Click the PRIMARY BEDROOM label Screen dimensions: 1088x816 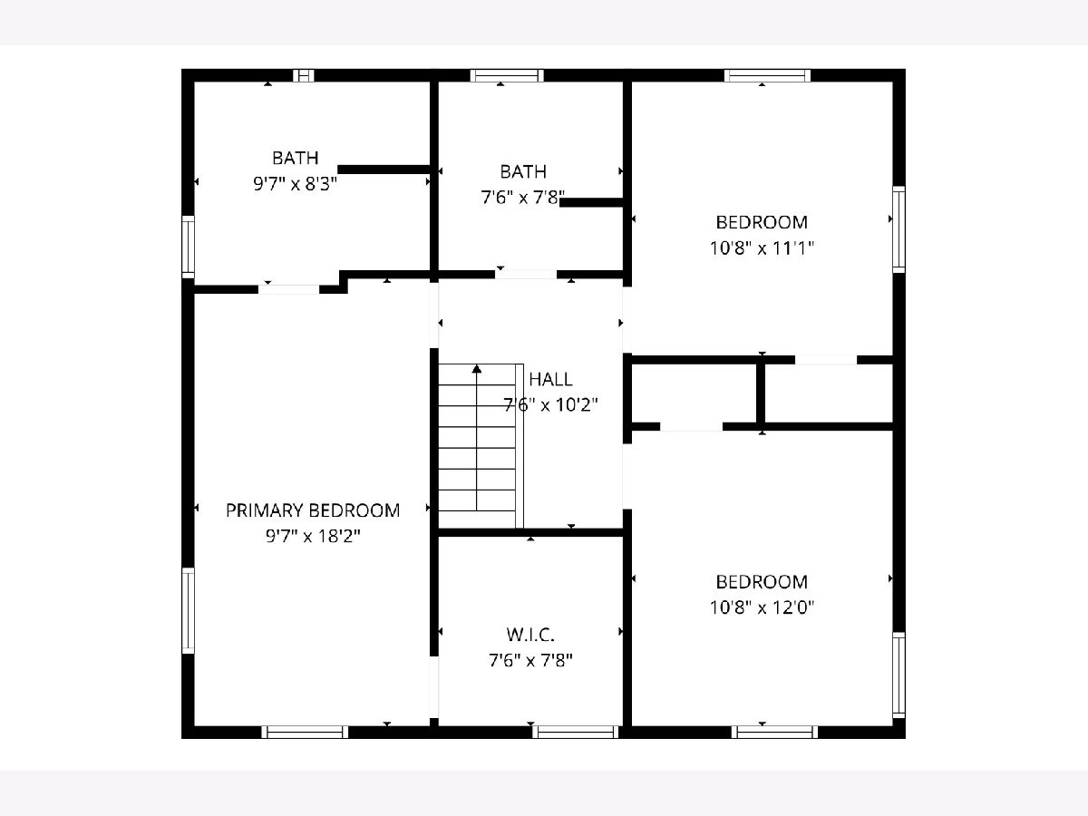[x=313, y=510]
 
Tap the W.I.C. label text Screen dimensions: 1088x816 [x=530, y=635]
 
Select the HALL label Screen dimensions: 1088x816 [x=550, y=380]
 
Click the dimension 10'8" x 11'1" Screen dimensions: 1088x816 [x=762, y=248]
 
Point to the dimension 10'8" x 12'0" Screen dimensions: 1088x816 [x=762, y=607]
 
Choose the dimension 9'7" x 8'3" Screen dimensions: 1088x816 [x=295, y=184]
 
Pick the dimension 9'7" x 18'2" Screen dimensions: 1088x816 [x=313, y=536]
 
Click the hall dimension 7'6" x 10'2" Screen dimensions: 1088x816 [x=550, y=405]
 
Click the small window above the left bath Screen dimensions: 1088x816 [x=304, y=76]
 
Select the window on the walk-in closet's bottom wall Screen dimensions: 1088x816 [x=576, y=732]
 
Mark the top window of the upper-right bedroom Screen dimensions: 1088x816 [x=767, y=76]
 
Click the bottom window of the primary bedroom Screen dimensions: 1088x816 [x=305, y=732]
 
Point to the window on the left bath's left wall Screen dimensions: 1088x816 [x=188, y=247]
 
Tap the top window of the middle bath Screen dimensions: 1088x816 [x=507, y=76]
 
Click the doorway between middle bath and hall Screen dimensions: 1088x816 [x=526, y=275]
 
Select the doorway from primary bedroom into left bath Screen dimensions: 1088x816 [x=289, y=290]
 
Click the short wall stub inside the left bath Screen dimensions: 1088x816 [x=384, y=170]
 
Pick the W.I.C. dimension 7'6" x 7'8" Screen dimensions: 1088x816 [x=530, y=660]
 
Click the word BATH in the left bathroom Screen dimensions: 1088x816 [x=295, y=158]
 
